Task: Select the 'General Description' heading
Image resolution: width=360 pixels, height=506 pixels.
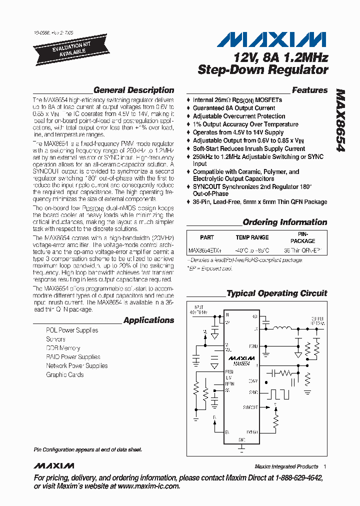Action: pos(133,90)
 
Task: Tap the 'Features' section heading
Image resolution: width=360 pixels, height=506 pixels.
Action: pos(309,90)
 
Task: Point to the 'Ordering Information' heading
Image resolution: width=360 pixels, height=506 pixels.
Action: pos(284,222)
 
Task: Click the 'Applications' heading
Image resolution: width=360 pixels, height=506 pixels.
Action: pos(148,320)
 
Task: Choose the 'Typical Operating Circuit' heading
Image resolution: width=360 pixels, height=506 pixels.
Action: pos(276,293)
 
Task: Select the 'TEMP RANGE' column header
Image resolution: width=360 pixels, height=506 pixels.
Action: pos(252,237)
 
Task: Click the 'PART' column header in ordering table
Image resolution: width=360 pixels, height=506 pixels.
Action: pos(206,237)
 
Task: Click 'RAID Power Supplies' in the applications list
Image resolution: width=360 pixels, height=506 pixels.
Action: pos(73,357)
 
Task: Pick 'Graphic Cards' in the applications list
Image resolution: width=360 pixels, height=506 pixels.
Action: pos(64,374)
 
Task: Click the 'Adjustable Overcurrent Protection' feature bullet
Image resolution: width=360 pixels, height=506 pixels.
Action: pos(239,116)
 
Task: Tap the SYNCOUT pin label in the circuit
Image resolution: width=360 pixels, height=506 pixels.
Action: pos(250,407)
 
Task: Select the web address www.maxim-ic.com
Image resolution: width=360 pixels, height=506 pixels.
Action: pos(148,486)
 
